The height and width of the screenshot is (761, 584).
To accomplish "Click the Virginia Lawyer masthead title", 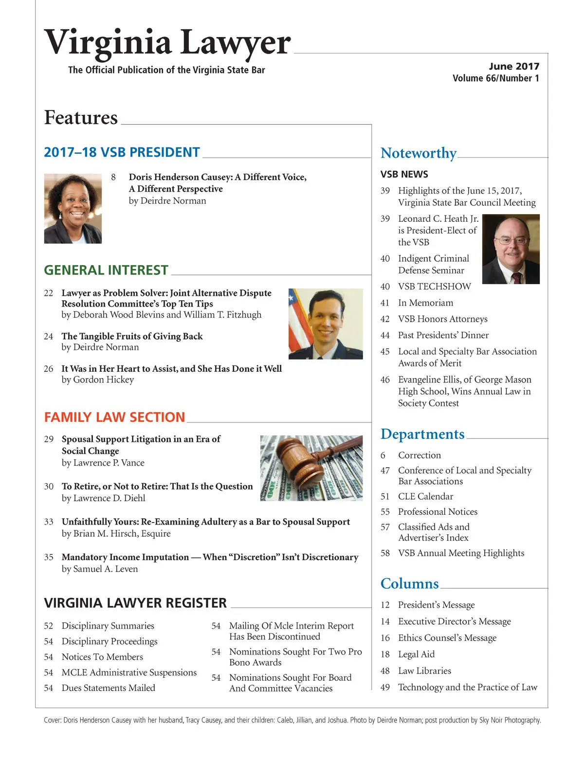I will (x=167, y=43).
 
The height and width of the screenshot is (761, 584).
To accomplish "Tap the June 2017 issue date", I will (x=514, y=67).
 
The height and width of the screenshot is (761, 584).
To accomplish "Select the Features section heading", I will (x=81, y=118).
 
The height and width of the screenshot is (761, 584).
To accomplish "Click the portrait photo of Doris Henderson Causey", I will (x=73, y=208).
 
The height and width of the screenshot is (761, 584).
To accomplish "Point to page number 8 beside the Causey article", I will (x=113, y=177).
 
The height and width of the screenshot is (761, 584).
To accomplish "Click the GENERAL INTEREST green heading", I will (x=106, y=271).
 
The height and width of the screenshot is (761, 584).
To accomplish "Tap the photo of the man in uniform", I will (x=326, y=324).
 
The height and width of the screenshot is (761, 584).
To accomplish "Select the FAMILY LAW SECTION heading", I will (x=114, y=417).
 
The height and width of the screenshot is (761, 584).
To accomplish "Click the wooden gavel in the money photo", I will (x=311, y=460).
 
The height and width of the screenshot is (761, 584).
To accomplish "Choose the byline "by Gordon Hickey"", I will (x=97, y=380).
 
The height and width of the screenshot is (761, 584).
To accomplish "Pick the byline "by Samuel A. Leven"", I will (x=100, y=569).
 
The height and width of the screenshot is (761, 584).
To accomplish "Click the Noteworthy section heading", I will (x=419, y=153).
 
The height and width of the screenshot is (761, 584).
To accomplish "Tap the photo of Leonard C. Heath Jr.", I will (x=511, y=249).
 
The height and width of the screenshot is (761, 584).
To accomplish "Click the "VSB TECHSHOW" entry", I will (x=434, y=287).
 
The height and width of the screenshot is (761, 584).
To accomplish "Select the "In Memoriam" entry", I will (x=425, y=303).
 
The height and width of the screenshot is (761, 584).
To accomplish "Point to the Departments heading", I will (x=422, y=434).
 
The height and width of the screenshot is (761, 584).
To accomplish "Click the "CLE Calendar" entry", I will (x=425, y=497).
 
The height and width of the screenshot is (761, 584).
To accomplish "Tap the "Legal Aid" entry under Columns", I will (x=416, y=654).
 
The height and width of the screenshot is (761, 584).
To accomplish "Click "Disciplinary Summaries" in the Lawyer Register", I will (x=108, y=626).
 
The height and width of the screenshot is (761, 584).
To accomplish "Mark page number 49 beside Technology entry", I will (x=385, y=688).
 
